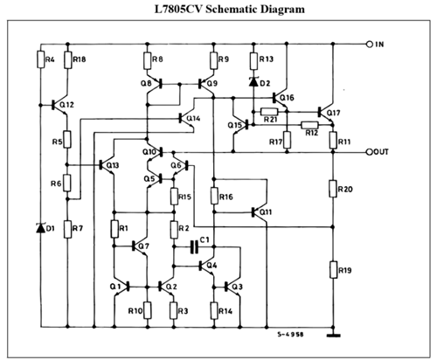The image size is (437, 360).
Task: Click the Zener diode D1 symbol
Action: click(x=40, y=228)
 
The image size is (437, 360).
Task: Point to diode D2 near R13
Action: click(x=254, y=84)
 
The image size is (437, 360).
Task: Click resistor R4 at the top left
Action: click(x=40, y=60)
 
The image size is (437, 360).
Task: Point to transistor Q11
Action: click(x=260, y=211)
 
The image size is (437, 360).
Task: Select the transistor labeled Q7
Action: click(x=139, y=247)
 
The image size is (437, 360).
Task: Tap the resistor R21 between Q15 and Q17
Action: click(x=269, y=111)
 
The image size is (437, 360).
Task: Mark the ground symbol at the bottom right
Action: click(x=333, y=332)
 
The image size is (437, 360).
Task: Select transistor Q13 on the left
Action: click(x=106, y=164)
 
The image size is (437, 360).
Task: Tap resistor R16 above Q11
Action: click(x=214, y=198)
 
